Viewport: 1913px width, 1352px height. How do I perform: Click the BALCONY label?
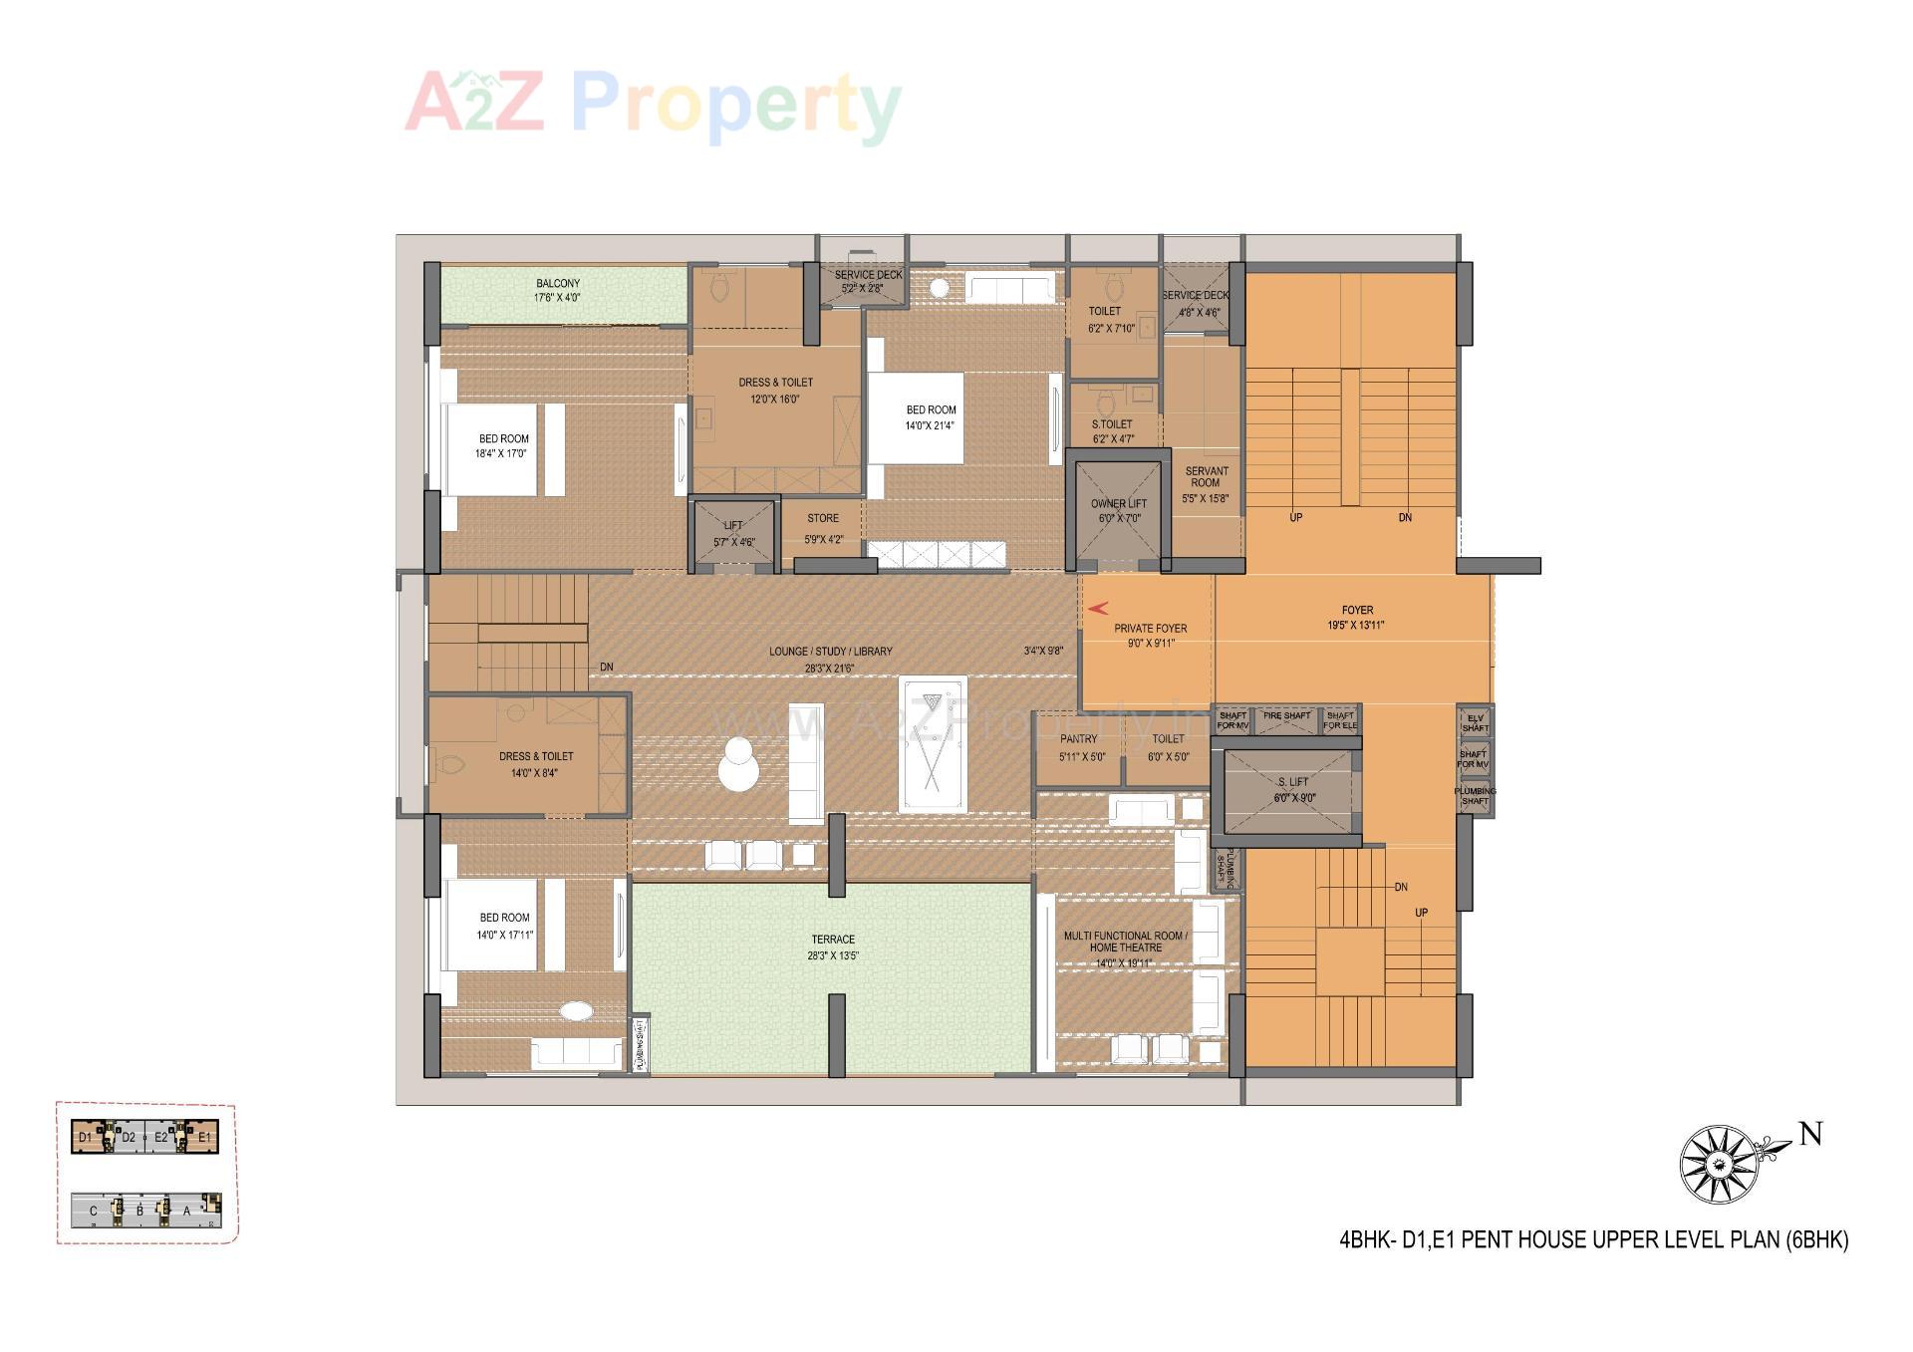pos(558,284)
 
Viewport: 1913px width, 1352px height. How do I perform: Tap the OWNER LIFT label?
pos(1118,504)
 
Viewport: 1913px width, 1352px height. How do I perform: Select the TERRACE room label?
pos(833,940)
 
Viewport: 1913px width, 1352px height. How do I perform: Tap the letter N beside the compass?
pos(1810,1134)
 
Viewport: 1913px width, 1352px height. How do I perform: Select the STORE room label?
pos(823,518)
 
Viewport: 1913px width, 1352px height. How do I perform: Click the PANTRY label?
pos(1079,739)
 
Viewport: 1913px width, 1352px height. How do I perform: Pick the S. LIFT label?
pos(1293,782)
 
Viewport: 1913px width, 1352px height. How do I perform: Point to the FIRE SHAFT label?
pos(1287,715)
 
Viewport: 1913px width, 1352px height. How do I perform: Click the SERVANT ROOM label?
pos(1206,477)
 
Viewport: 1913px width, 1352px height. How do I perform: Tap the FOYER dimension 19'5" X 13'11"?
pos(1356,626)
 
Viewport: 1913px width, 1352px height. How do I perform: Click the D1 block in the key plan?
pos(86,1137)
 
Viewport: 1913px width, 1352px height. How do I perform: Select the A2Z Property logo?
pos(653,106)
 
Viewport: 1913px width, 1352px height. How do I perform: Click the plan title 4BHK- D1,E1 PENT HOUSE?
pos(1593,1240)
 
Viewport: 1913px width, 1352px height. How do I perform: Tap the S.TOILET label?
pos(1112,424)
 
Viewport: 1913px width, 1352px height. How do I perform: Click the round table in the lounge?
pos(738,765)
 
